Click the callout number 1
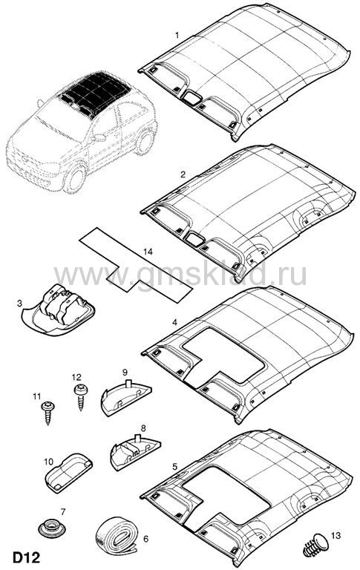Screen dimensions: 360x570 tap(177, 36)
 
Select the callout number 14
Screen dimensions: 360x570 tap(148, 252)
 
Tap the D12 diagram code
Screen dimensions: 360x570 tap(27, 557)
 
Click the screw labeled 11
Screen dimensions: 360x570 tap(48, 413)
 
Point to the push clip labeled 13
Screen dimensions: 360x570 tap(315, 545)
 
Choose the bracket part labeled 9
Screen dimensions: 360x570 tap(125, 397)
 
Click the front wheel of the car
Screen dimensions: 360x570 tap(76, 178)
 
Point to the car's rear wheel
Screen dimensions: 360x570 tap(145, 141)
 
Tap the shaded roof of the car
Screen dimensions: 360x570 tap(95, 94)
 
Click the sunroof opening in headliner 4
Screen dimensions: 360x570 tap(223, 356)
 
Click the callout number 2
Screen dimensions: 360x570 tap(183, 174)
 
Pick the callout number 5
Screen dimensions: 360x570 tap(175, 466)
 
